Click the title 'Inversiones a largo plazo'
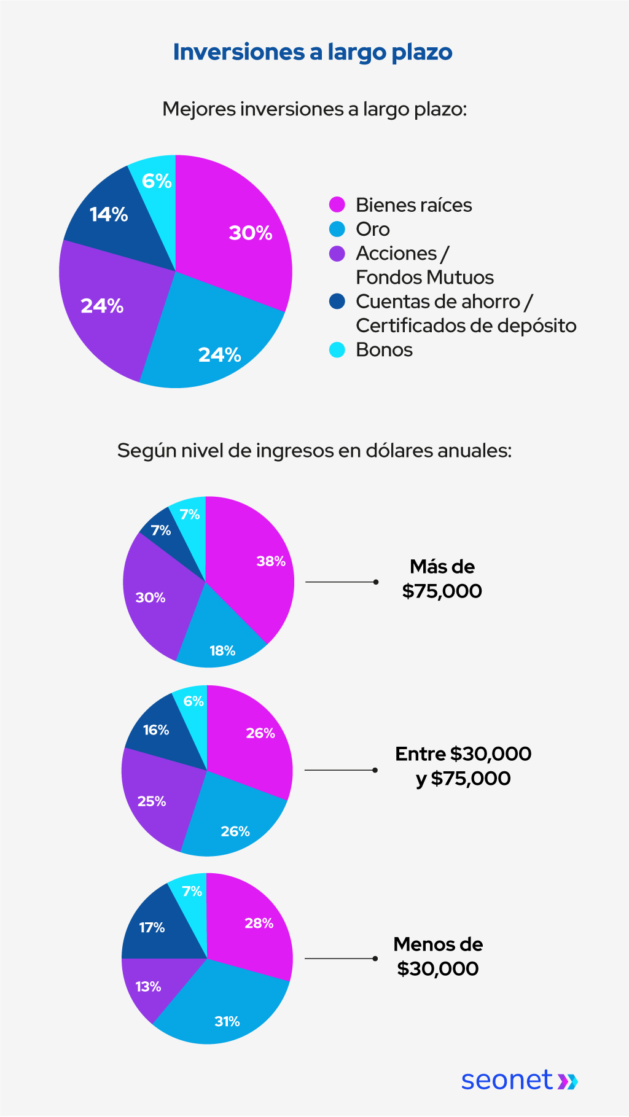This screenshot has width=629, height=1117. tap(313, 52)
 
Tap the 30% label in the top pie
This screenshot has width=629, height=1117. tap(251, 233)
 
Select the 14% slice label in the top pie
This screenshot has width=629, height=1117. tap(109, 214)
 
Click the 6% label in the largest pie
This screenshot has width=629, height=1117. tap(157, 181)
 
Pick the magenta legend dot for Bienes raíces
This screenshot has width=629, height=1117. tap(337, 204)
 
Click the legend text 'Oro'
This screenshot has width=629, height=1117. tap(373, 229)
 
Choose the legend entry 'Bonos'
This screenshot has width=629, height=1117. tap(384, 349)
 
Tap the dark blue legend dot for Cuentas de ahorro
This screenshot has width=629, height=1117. tap(337, 302)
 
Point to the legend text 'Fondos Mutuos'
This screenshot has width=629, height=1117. tap(424, 277)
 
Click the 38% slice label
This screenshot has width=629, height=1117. tap(271, 561)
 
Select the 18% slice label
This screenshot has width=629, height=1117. tap(222, 651)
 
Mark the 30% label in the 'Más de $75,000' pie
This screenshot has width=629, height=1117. tap(150, 597)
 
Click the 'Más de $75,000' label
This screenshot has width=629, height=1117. tap(442, 578)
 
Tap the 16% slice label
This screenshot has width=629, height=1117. tap(156, 730)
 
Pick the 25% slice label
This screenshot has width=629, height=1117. tap(152, 801)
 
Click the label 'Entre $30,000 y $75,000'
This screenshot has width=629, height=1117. tap(463, 766)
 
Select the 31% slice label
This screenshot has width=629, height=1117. tap(227, 1021)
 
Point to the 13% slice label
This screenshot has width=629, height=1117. tap(148, 987)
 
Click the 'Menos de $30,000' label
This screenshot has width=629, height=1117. tap(438, 956)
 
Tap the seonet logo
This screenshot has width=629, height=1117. tap(519, 1080)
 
